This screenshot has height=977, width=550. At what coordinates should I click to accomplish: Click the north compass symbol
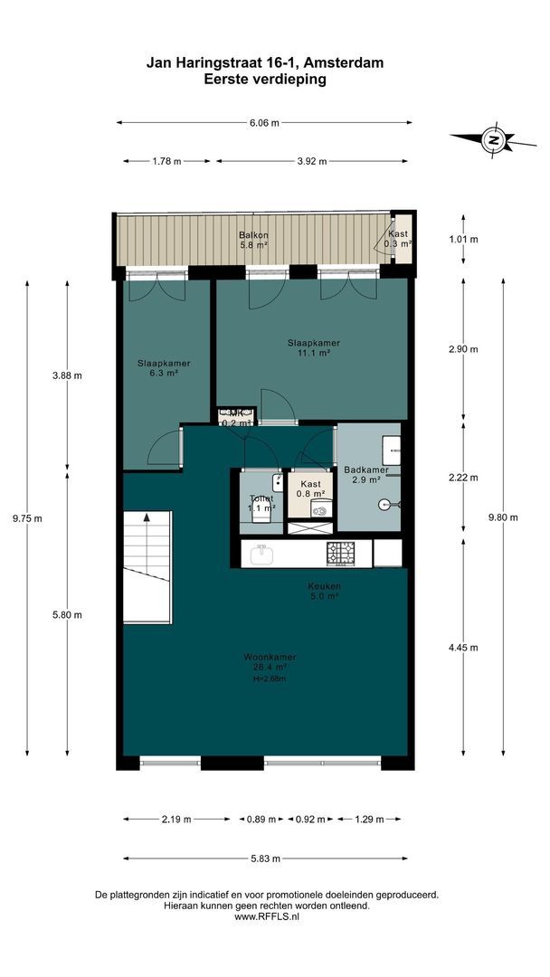(494, 140)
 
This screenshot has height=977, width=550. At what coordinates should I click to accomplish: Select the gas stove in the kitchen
(342, 551)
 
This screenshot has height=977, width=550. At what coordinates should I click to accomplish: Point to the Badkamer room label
(365, 475)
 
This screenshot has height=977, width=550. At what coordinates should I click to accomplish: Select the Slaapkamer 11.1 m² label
(314, 348)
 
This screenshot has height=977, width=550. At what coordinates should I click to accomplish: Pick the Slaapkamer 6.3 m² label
(164, 368)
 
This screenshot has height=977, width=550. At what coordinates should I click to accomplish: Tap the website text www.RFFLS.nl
(267, 916)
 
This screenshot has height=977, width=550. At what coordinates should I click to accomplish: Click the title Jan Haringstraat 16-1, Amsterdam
(265, 62)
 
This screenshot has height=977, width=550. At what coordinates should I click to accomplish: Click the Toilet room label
(261, 503)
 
